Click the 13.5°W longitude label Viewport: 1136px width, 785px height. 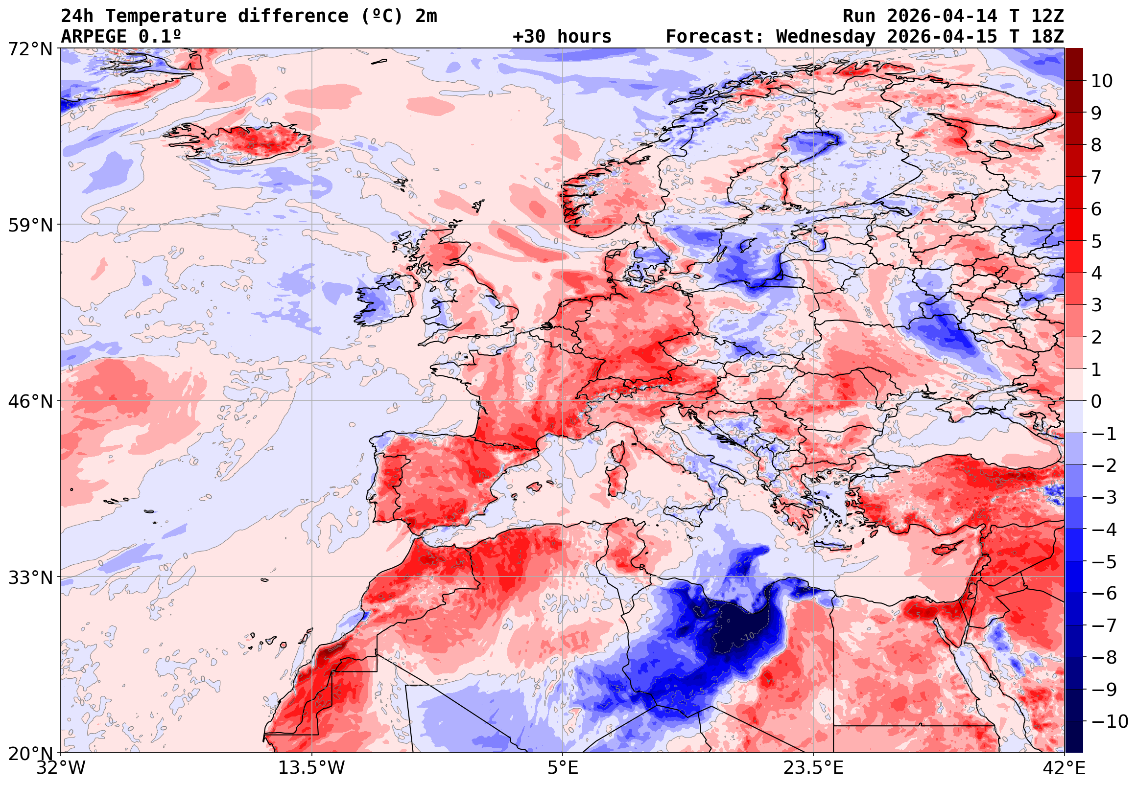click(312, 768)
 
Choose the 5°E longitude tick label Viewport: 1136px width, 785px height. click(563, 768)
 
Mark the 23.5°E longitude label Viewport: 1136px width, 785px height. click(813, 768)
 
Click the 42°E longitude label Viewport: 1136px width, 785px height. click(1064, 768)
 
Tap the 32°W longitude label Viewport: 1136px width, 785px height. click(61, 768)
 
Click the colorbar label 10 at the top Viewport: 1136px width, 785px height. click(1102, 81)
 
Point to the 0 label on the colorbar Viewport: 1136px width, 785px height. click(1096, 402)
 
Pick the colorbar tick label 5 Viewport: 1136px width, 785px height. click(1096, 241)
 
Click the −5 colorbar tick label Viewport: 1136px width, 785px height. click(1104, 562)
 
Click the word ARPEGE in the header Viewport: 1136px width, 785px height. click(94, 36)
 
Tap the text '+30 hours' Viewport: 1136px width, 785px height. click(562, 36)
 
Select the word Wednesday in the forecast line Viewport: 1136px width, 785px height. click(826, 36)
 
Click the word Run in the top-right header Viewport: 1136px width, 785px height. click(859, 16)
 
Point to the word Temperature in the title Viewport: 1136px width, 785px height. click(166, 16)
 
